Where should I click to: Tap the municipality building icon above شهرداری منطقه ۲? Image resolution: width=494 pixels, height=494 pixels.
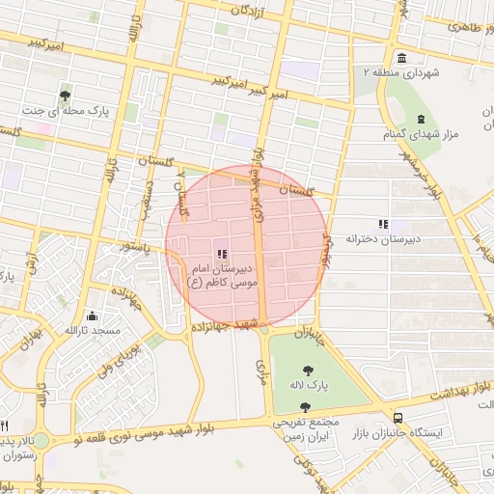tap(401, 55)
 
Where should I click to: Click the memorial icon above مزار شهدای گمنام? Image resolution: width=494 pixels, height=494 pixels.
tap(420, 120)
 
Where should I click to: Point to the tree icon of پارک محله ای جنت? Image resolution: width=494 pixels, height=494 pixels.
tap(65, 95)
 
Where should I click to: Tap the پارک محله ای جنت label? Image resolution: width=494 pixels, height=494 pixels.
tap(62, 111)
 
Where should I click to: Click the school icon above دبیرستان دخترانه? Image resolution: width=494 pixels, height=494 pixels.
tap(383, 223)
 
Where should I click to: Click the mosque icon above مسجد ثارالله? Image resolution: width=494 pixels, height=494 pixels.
tap(92, 315)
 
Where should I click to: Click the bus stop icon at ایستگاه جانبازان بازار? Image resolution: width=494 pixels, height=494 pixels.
tap(398, 417)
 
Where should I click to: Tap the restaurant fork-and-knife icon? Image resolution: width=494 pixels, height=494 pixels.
tap(4, 425)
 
